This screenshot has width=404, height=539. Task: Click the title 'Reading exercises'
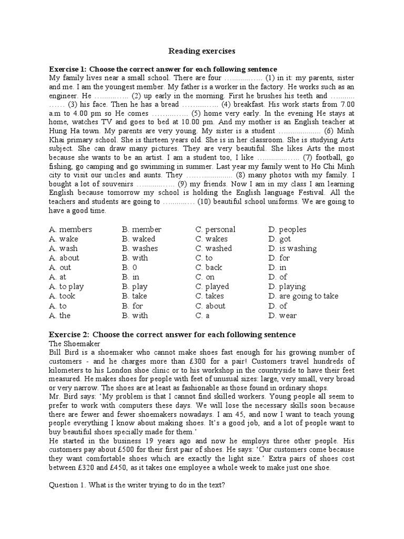coord(201,51)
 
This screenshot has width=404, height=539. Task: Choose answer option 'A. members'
coord(70,229)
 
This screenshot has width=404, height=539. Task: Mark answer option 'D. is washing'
coord(292,248)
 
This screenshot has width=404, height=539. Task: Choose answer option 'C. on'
coord(205,277)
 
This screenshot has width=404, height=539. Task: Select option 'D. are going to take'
coord(303,296)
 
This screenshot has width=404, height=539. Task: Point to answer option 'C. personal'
coord(215,229)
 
